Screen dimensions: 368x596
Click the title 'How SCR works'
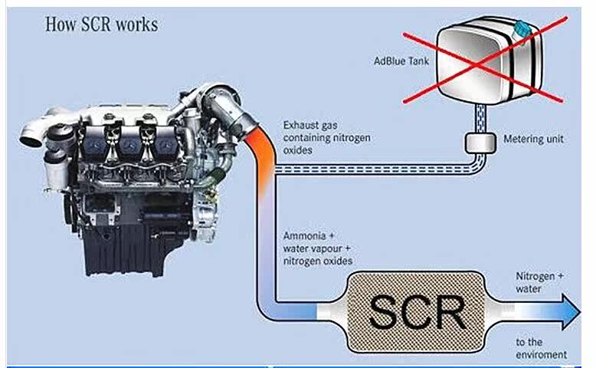(x=101, y=25)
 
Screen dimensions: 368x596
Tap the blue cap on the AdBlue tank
(x=523, y=29)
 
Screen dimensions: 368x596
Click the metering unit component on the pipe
(x=481, y=143)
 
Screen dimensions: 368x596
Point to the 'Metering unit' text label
(x=534, y=141)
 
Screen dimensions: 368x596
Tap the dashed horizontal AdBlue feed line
(x=368, y=173)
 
